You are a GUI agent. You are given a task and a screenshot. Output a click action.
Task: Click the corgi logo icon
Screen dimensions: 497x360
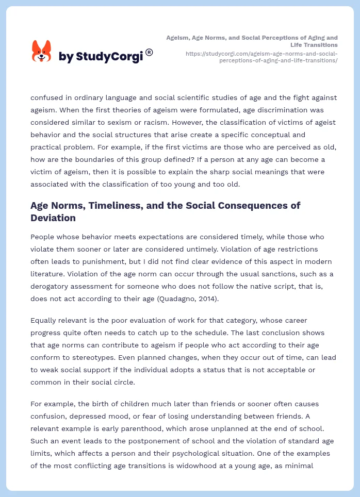coord(42,52)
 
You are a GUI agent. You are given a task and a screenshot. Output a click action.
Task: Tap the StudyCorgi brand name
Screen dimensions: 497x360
coord(101,57)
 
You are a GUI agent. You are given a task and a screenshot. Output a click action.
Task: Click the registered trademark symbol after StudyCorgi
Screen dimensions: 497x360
coord(149,52)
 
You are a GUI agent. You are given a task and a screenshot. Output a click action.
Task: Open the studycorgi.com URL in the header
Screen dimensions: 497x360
coord(261,57)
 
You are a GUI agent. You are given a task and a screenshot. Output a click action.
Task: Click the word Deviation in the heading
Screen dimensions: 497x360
coord(53,218)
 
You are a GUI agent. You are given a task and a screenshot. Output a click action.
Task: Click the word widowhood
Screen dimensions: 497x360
coord(236,453)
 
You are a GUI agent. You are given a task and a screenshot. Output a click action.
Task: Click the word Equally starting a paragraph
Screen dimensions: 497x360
coord(44,320)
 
